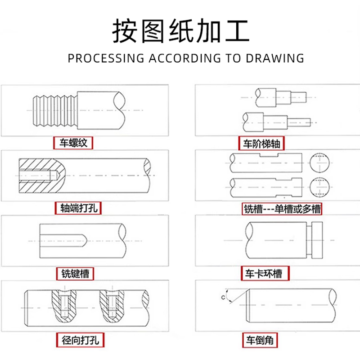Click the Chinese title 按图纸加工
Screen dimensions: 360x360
pyautogui.click(x=180, y=31)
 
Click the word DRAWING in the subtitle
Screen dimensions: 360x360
pyautogui.click(x=275, y=58)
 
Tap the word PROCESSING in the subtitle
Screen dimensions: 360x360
pyautogui.click(x=106, y=58)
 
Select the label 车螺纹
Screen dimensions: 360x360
pyautogui.click(x=73, y=144)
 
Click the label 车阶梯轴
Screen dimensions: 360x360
pyautogui.click(x=262, y=144)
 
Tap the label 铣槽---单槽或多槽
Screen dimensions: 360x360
pyautogui.click(x=283, y=209)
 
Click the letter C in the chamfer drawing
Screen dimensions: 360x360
pyautogui.click(x=222, y=297)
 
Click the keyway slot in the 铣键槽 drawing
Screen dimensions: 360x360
pyautogui.click(x=63, y=241)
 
